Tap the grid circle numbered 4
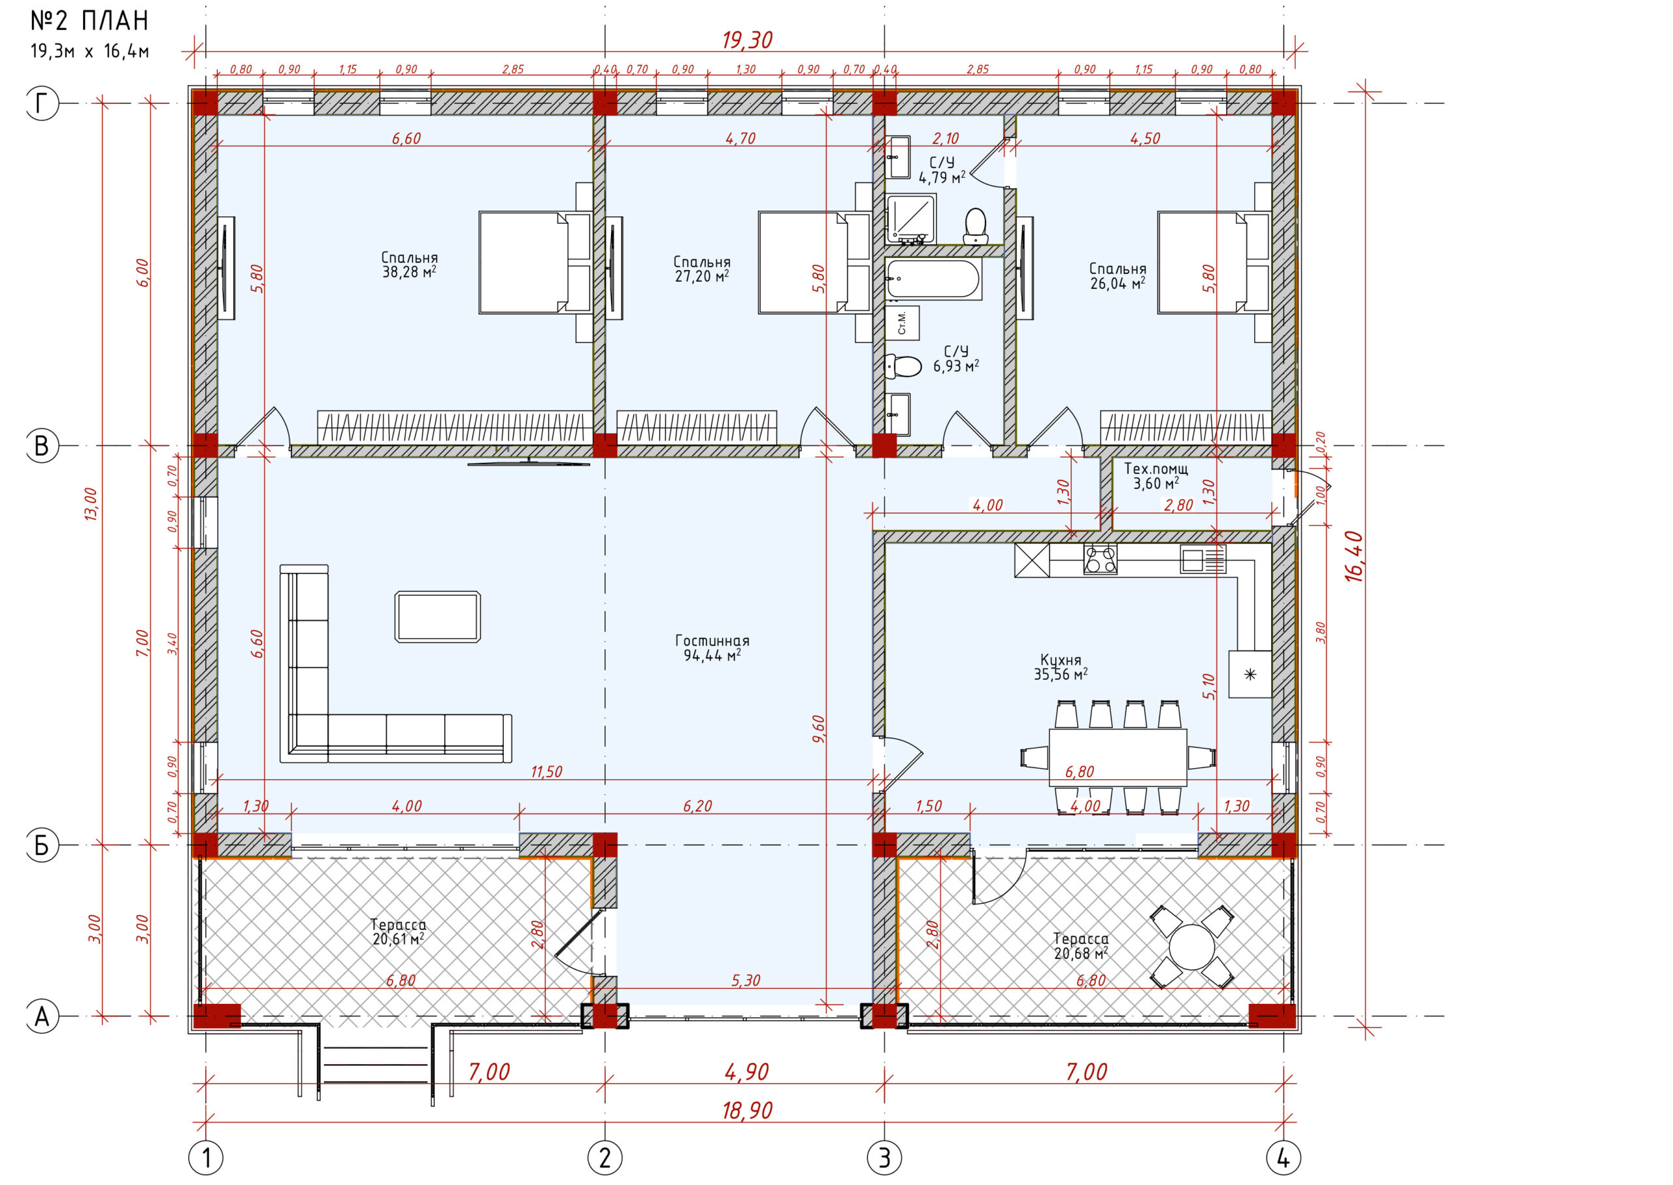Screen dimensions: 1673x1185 point(1284,1158)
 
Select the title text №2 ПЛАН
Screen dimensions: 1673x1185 point(90,21)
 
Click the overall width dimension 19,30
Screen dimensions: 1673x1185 point(747,40)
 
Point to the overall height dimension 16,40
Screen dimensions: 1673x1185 point(1354,556)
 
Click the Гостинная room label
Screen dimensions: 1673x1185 point(712,641)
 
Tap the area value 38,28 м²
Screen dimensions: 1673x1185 point(409,272)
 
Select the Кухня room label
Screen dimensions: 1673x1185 point(1060,660)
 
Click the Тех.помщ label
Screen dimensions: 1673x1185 point(1155,469)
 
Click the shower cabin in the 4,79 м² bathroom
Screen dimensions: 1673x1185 point(910,219)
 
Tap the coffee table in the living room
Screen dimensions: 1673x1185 point(438,616)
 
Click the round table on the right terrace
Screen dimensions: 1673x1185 point(1191,947)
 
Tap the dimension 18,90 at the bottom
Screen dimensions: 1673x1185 point(747,1110)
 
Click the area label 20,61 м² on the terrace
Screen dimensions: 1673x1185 point(399,939)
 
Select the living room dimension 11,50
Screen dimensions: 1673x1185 point(546,771)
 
